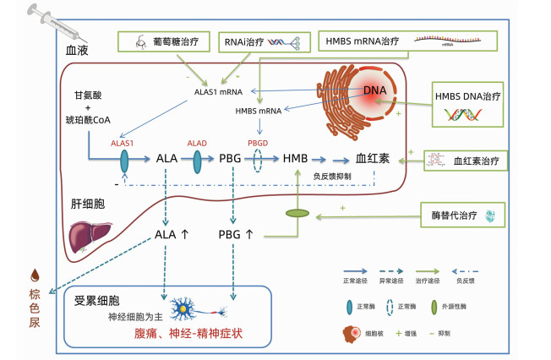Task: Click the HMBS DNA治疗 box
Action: pos(468,106)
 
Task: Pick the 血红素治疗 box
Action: pos(468,159)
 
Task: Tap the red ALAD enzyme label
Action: pos(197,143)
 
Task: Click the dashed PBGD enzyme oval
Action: pos(258,160)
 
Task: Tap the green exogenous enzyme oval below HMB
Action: pos(297,214)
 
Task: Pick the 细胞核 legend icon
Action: pos(349,335)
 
